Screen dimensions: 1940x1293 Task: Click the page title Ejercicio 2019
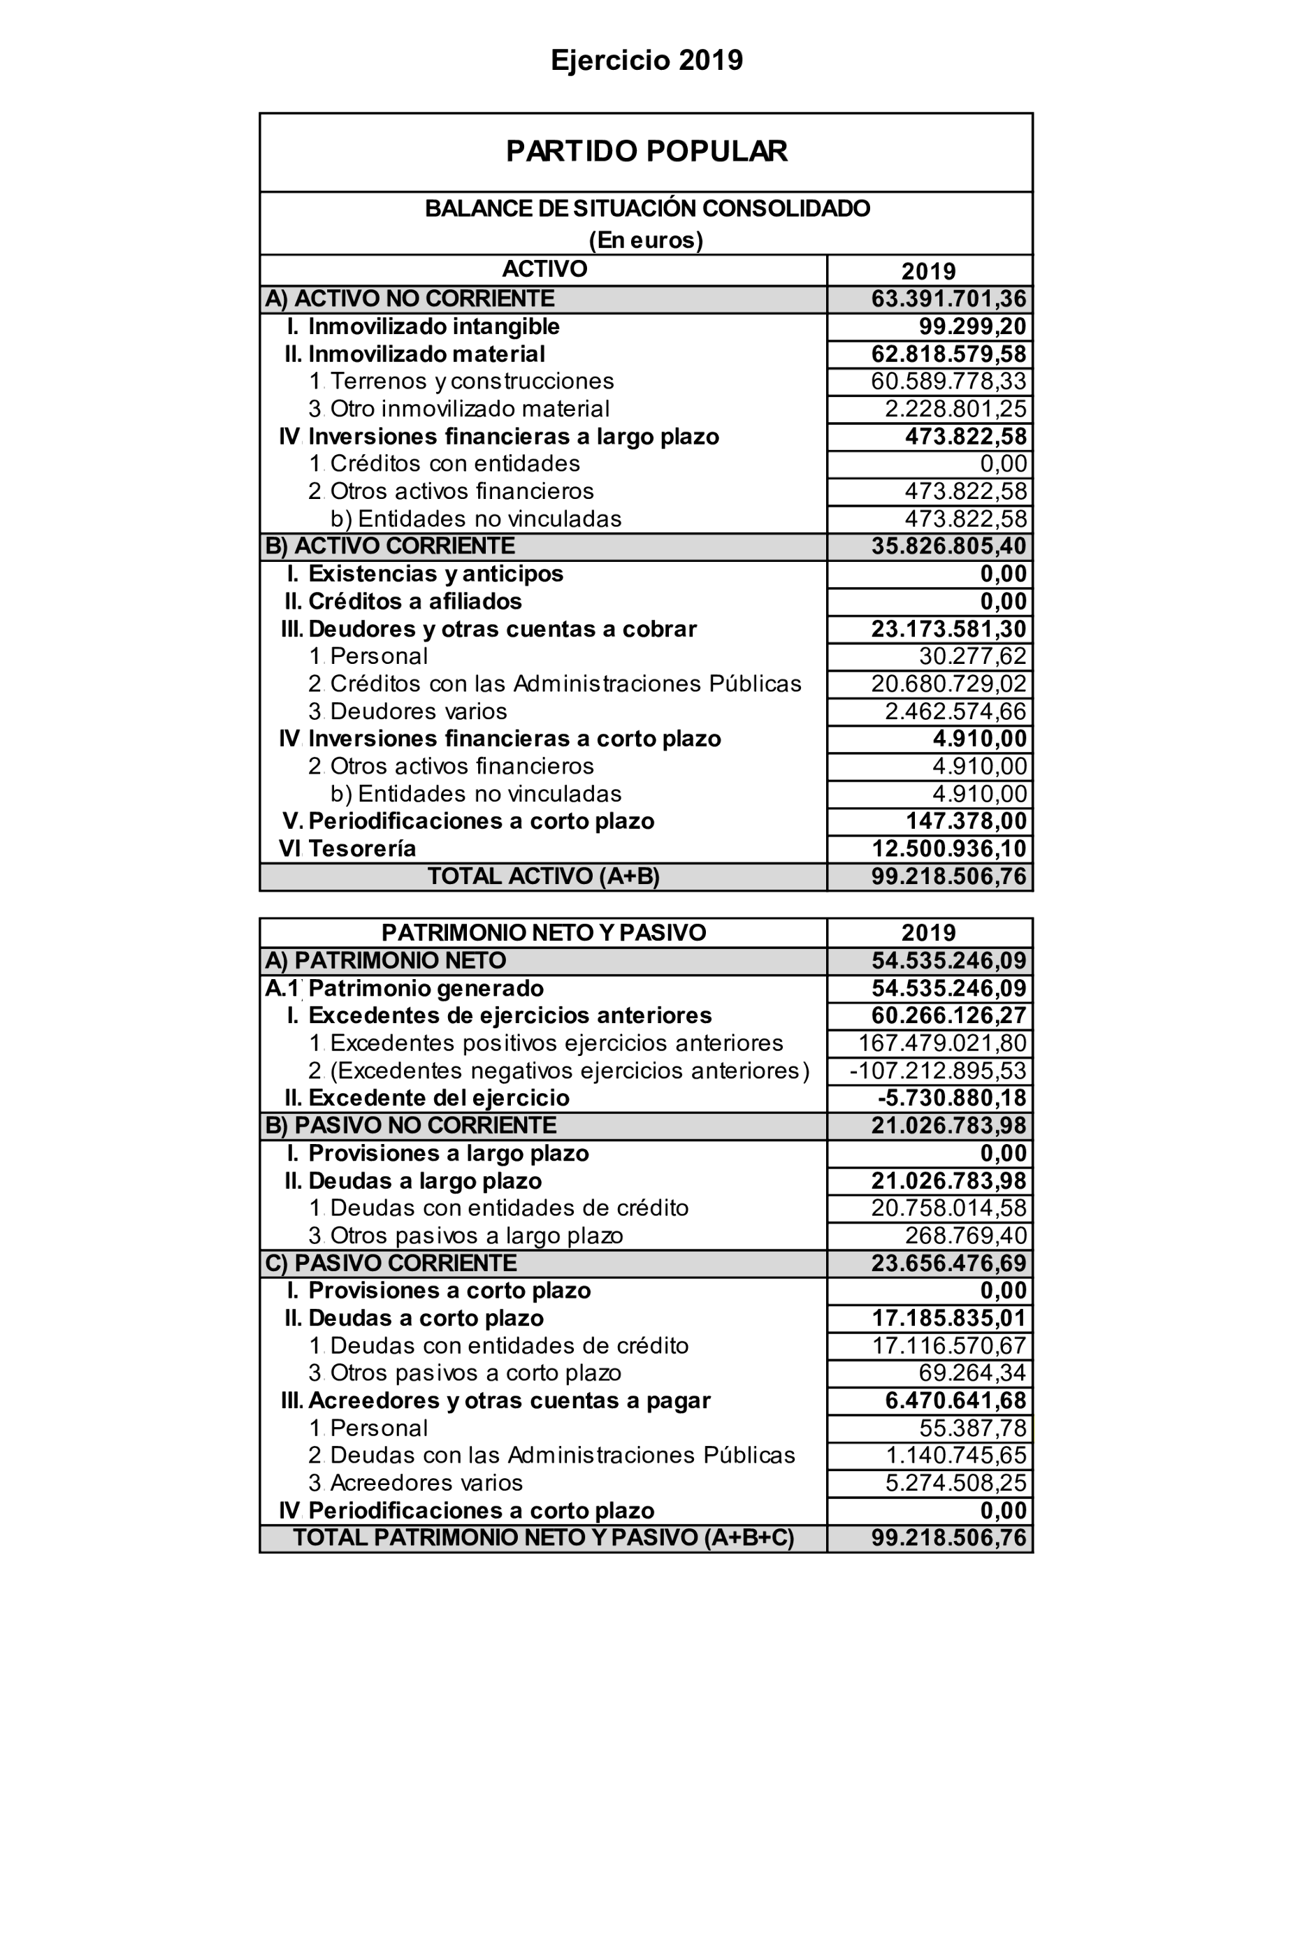(x=646, y=60)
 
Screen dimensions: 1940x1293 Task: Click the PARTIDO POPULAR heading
(x=646, y=151)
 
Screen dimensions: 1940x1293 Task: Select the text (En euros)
(x=646, y=240)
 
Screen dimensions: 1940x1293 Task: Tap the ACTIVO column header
(x=544, y=269)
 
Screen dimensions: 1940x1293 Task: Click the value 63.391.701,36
(x=948, y=298)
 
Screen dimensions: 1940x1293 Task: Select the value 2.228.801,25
(x=955, y=409)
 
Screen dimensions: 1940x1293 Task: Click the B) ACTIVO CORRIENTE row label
(x=390, y=546)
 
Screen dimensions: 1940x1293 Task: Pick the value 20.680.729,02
(x=948, y=683)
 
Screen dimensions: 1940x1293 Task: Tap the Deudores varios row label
(x=418, y=711)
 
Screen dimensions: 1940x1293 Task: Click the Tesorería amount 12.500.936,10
(x=948, y=848)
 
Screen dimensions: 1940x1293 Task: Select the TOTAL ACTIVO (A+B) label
(x=544, y=876)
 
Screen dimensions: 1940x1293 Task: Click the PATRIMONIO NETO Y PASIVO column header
(x=544, y=932)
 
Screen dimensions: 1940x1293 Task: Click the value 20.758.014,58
(x=948, y=1208)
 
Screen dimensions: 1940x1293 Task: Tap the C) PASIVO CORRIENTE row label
(x=391, y=1263)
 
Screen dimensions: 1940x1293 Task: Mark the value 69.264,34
(x=972, y=1373)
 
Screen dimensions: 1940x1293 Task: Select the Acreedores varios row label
(x=426, y=1483)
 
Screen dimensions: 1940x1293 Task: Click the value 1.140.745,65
(x=955, y=1455)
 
